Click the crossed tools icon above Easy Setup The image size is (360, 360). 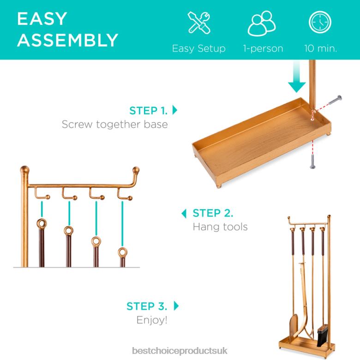[199, 23]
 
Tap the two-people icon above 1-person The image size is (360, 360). [262, 23]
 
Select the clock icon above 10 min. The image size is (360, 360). [320, 22]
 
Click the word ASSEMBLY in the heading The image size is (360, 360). [68, 40]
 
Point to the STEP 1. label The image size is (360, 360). [149, 111]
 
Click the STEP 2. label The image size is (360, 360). [213, 213]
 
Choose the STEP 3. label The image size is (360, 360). [147, 306]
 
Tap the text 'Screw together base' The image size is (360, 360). [115, 125]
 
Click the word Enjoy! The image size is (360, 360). [152, 320]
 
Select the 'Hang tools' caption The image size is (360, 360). [220, 227]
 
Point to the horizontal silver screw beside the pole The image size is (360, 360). [335, 100]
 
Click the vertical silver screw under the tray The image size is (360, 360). [312, 162]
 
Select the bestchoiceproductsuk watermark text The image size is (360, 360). [180, 351]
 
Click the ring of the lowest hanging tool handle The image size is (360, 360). [123, 252]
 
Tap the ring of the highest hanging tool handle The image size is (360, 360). [42, 224]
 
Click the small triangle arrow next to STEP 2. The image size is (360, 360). [184, 214]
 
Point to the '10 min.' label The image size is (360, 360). [320, 48]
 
